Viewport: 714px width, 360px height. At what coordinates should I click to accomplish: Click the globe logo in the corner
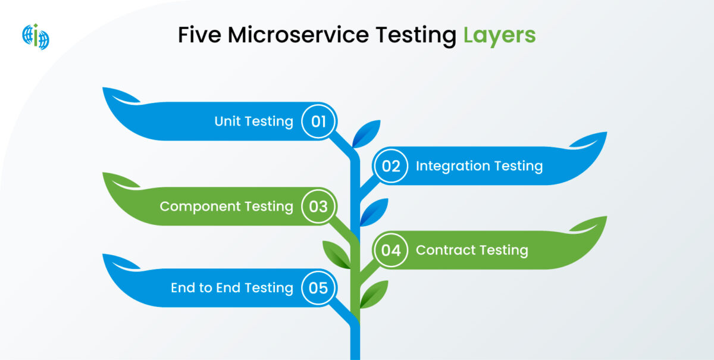point(36,36)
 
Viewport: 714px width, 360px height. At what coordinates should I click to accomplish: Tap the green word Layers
point(499,36)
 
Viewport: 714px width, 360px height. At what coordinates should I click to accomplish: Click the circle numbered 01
point(318,121)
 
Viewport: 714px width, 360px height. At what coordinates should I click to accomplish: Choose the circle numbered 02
point(391,166)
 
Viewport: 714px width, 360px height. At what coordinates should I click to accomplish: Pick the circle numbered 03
point(318,206)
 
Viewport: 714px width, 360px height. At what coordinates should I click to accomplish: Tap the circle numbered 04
point(391,251)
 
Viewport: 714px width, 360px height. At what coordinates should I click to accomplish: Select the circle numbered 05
point(318,288)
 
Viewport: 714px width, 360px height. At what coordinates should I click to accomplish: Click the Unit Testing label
point(253,121)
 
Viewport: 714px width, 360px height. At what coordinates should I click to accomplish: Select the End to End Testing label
point(231,288)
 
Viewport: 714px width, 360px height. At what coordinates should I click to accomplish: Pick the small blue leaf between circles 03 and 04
point(374,212)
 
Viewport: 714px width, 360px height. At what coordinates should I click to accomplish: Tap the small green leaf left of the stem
point(337,255)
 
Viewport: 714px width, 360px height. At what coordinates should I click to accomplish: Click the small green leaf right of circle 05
point(374,295)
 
